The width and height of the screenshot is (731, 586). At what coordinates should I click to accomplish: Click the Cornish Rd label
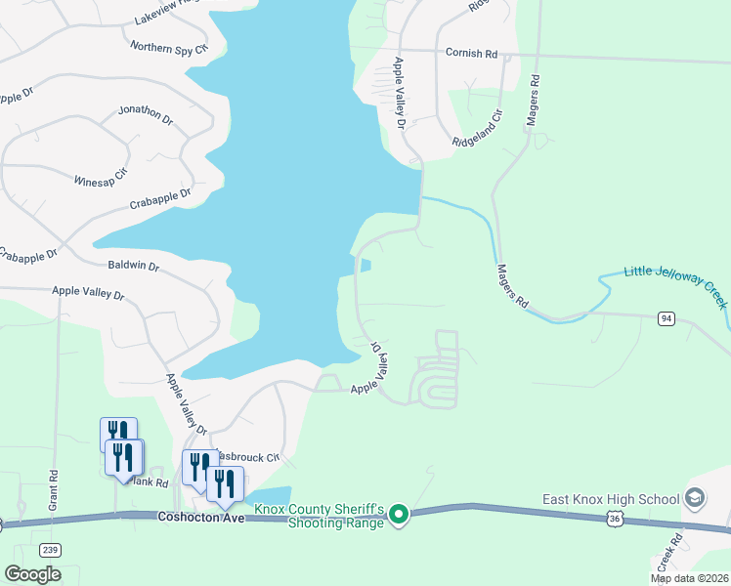[x=471, y=53]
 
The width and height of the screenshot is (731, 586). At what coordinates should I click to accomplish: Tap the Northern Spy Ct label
[x=169, y=46]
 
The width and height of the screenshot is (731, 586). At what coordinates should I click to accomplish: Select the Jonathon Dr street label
[x=145, y=116]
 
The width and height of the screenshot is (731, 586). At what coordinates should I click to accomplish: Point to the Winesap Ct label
[x=101, y=179]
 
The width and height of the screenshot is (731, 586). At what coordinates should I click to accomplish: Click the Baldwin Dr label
[x=133, y=265]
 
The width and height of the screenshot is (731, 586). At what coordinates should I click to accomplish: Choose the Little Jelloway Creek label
[x=676, y=287]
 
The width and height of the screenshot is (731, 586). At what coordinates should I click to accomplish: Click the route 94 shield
[x=666, y=318]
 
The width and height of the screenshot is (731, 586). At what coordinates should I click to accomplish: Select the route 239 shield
[x=51, y=549]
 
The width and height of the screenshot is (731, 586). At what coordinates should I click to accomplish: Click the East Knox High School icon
[x=695, y=499]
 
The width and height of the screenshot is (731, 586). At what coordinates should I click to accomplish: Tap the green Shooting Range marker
[x=398, y=514]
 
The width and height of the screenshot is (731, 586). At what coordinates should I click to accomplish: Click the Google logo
[x=32, y=574]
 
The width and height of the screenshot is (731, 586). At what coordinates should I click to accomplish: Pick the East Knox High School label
[x=611, y=499]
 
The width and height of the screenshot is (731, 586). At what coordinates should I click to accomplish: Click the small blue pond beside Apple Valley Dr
[x=365, y=265]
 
